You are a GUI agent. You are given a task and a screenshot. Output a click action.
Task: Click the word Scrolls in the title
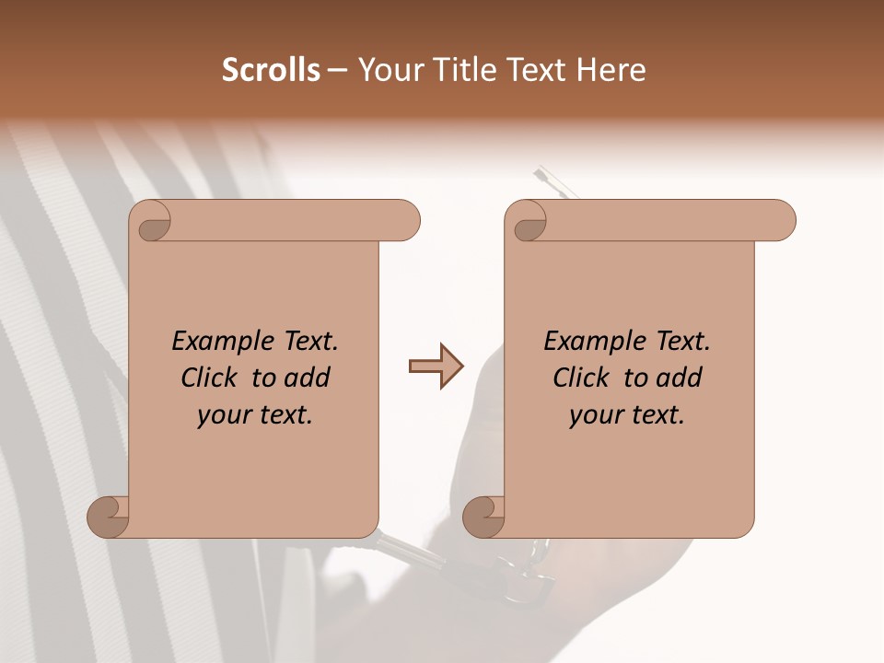click(271, 70)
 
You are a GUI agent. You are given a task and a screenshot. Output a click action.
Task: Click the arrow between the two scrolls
click(436, 366)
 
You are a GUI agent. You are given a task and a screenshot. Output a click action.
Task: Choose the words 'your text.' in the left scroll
click(255, 415)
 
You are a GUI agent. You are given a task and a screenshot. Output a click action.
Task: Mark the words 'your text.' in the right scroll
click(627, 415)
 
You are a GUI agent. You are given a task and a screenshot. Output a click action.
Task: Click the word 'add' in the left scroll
click(308, 378)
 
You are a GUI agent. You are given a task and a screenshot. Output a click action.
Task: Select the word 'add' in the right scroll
click(680, 378)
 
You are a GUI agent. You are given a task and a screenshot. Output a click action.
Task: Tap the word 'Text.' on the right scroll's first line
click(682, 342)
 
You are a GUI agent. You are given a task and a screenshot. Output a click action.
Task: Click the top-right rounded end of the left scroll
click(405, 221)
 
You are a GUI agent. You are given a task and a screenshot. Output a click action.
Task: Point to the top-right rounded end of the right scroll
click(781, 221)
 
